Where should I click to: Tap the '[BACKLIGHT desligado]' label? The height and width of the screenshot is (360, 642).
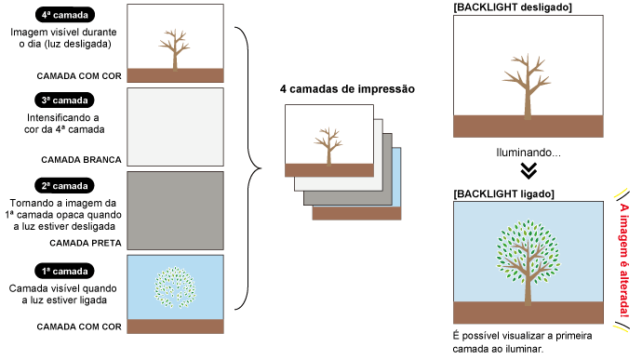coord(512,7)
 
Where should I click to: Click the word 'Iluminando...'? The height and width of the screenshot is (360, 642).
coord(528,151)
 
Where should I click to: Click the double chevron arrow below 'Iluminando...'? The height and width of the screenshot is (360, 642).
coord(528,170)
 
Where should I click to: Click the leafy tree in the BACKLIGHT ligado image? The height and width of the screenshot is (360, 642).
coord(528,256)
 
